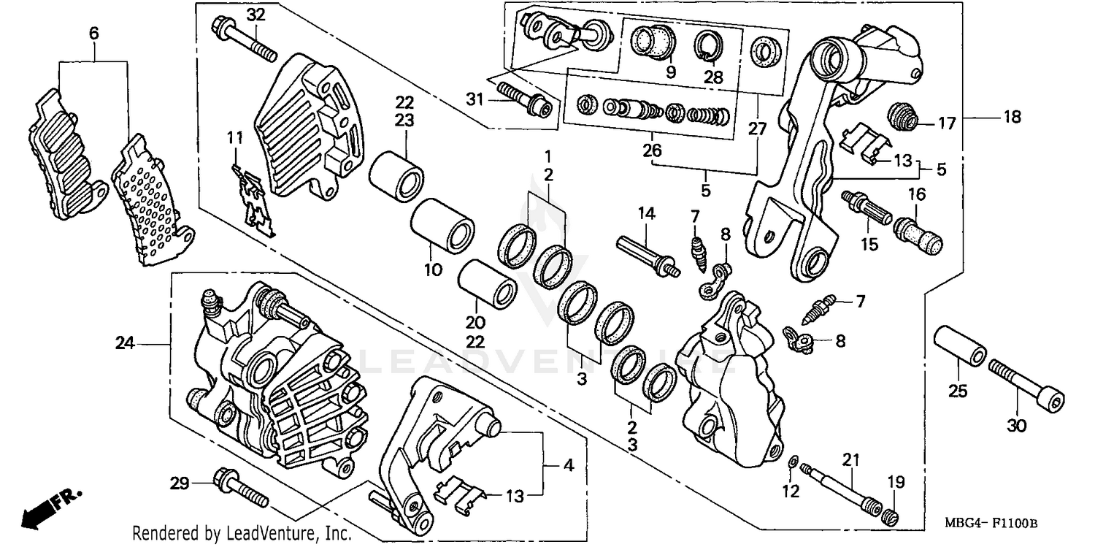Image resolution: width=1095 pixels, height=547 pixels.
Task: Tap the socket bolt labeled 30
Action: tap(1026, 383)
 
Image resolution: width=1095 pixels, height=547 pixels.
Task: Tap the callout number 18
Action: tap(1011, 117)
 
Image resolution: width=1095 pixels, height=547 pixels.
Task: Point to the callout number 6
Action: tap(93, 34)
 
